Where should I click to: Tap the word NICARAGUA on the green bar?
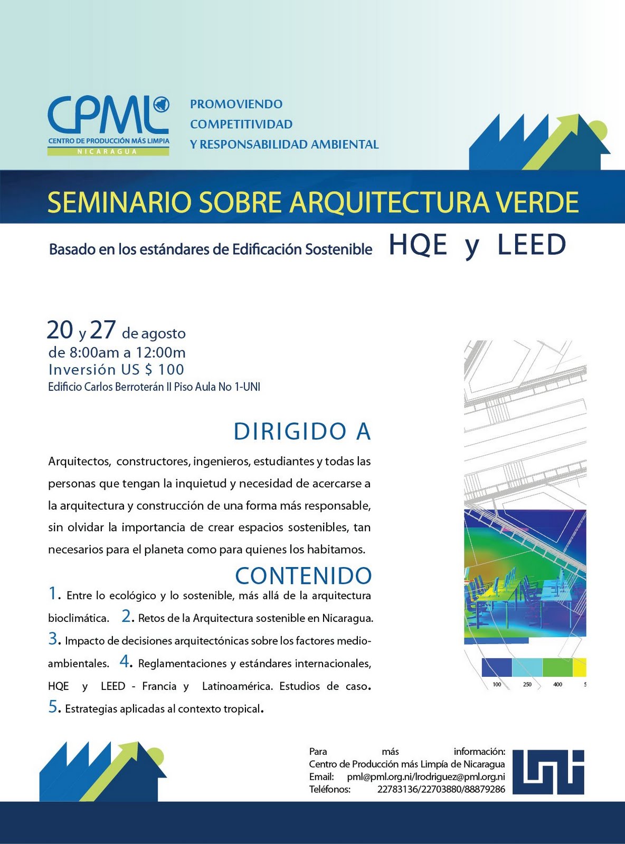point(108,151)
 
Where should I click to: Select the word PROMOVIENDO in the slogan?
point(236,104)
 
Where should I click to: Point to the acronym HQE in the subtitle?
point(418,245)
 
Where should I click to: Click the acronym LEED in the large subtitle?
point(532,245)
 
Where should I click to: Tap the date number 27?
point(102,331)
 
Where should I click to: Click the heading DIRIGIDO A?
point(302,432)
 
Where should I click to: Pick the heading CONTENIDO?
point(304,576)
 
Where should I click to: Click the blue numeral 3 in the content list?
point(53,639)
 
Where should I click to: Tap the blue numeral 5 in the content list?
point(53,707)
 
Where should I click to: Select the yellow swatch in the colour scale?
point(579,667)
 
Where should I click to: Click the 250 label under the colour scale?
point(527,685)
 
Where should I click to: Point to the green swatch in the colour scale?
point(557,667)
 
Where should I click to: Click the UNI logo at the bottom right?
point(548,772)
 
